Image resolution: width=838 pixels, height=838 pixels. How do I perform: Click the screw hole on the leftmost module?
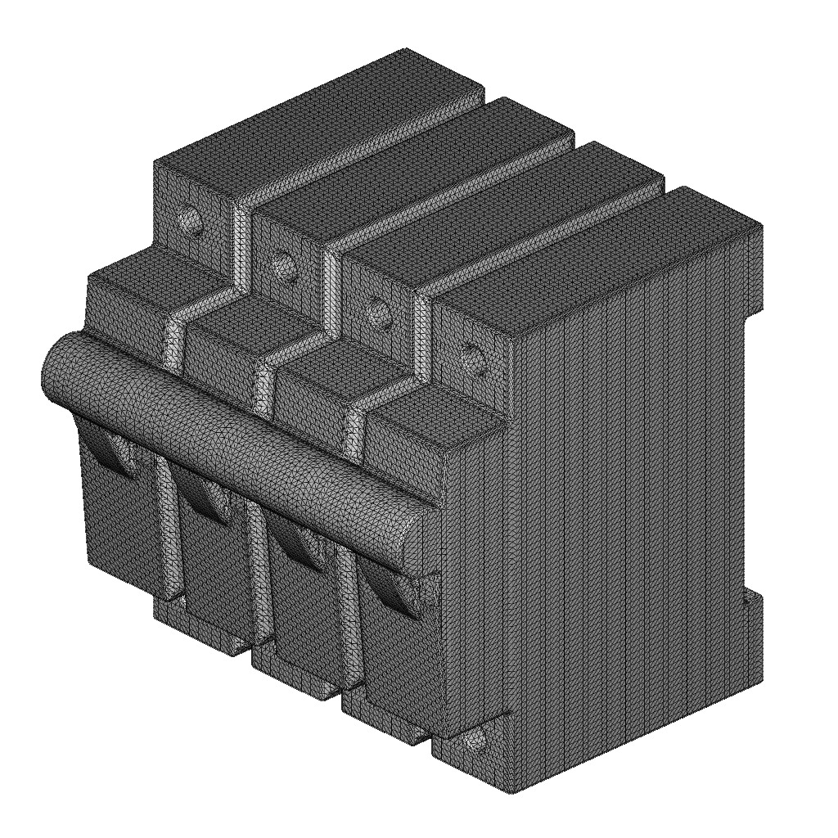pos(190,219)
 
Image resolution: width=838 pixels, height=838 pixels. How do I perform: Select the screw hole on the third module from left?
pos(376,309)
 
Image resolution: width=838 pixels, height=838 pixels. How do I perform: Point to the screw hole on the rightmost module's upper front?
pos(471,354)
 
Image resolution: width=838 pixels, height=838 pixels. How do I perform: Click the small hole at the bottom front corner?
pos(475,741)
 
